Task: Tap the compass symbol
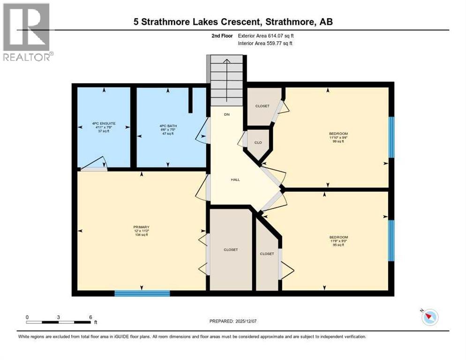[429, 317]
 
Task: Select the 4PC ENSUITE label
[104, 127]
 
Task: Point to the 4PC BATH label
[167, 129]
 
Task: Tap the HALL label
[235, 180]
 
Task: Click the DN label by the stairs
[226, 114]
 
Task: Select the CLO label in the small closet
[257, 142]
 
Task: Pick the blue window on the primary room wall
[142, 293]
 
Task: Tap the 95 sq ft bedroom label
[338, 241]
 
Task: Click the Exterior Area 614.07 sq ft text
[266, 35]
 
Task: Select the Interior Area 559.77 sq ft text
[265, 44]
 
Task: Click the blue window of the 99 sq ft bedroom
[392, 137]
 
